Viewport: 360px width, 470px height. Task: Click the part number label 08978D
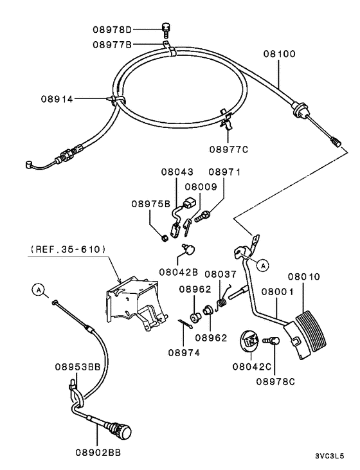(x=112, y=30)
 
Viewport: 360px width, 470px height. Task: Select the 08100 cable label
(x=279, y=54)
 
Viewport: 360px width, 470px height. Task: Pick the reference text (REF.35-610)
(x=67, y=248)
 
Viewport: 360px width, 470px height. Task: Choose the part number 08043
(x=177, y=173)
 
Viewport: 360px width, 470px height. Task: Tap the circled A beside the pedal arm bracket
(x=262, y=264)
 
